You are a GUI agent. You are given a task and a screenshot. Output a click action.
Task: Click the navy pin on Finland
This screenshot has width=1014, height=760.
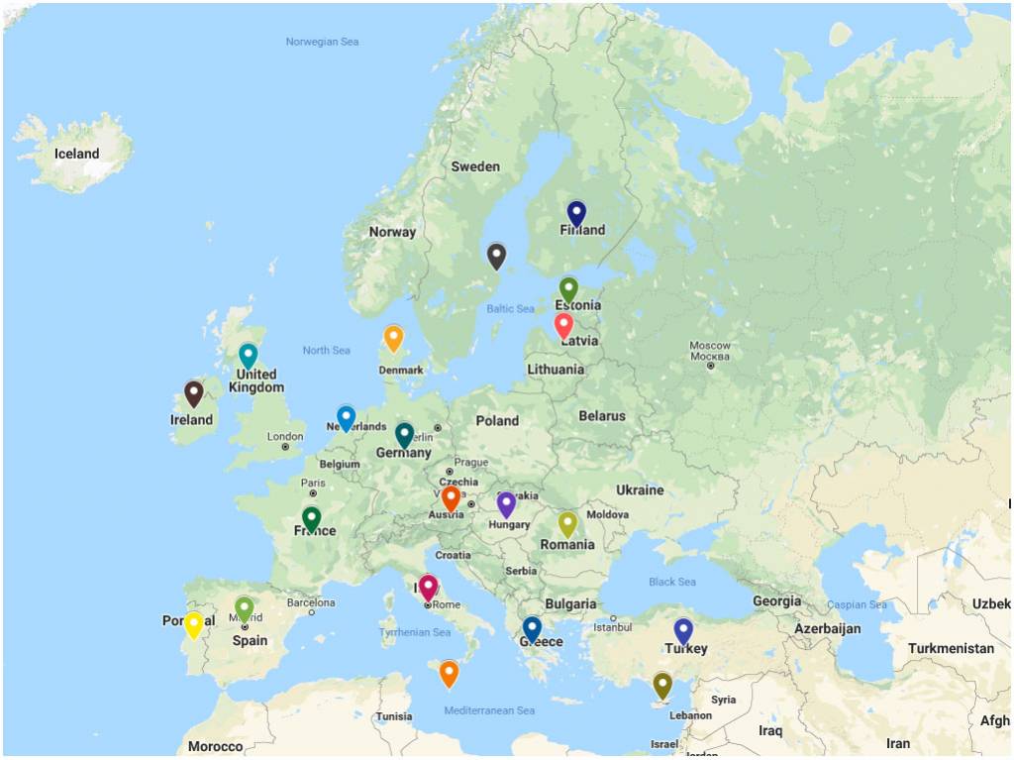pos(576,212)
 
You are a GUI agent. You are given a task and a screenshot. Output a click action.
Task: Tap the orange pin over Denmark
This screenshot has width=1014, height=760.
pos(393,337)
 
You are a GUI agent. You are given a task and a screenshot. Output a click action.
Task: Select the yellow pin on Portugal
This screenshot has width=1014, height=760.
pos(194,624)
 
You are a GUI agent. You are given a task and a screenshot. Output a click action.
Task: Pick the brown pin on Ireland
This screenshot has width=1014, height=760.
pos(194,393)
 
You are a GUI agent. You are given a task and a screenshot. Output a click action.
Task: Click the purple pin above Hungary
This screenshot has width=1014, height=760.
pos(506,503)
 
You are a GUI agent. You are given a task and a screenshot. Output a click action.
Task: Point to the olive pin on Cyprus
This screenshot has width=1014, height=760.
pos(662,684)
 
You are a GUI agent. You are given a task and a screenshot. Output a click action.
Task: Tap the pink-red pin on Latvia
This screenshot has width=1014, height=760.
pos(563,324)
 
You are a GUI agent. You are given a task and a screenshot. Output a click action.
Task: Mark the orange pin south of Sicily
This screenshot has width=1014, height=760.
pos(449,673)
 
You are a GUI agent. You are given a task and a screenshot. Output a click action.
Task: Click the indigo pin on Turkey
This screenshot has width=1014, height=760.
pos(683,630)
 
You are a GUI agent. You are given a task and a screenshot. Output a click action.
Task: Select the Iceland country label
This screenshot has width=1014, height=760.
pos(77,154)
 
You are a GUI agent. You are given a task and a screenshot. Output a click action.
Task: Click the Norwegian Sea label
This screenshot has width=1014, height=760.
pos(322,42)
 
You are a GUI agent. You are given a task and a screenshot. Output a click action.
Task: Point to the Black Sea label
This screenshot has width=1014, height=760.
pos(672,582)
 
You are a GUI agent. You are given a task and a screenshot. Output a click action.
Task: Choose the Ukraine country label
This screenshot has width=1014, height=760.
pos(640,489)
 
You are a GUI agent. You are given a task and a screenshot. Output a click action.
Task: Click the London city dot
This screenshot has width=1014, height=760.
pos(285,447)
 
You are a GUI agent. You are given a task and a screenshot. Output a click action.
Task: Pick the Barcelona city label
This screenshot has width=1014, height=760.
pos(311,601)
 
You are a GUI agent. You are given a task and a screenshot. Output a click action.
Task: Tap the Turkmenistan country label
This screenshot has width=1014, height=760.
pos(951,648)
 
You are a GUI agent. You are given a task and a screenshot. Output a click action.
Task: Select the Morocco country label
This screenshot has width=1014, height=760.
pos(215,746)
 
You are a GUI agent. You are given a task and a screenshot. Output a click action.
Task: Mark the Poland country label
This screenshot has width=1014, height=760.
pos(497,420)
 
